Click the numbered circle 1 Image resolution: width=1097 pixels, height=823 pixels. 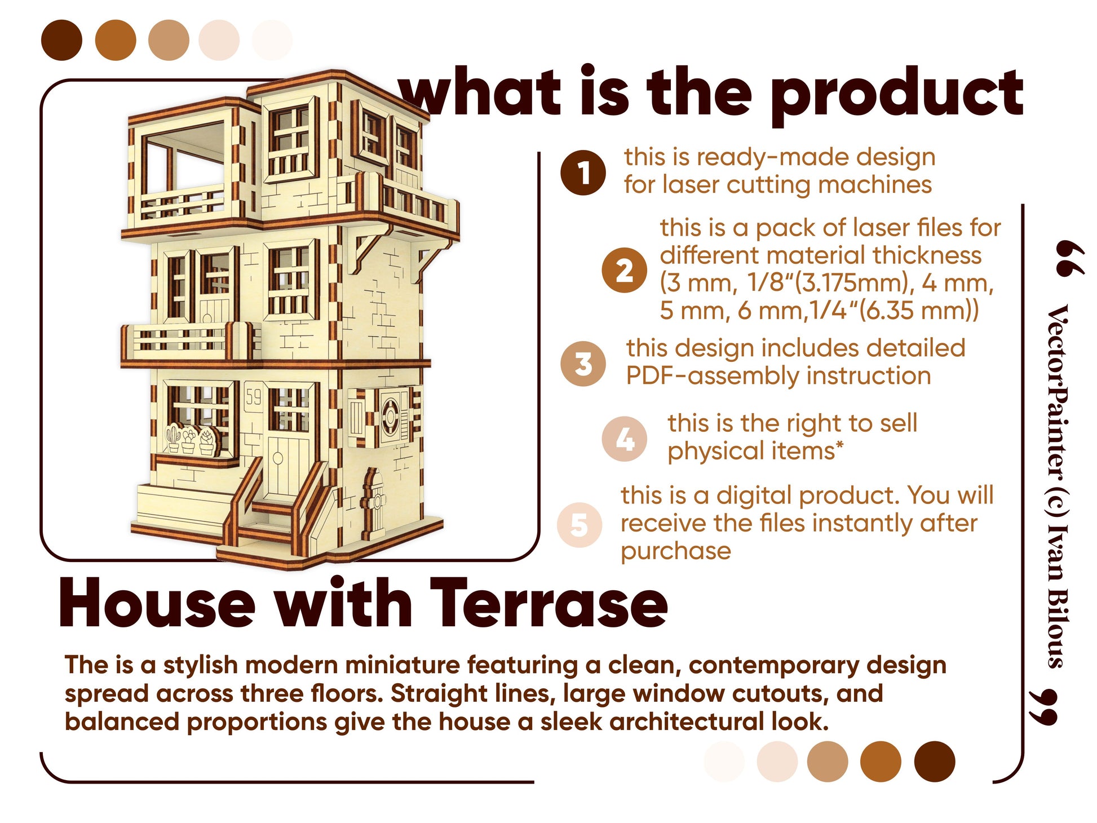click(x=583, y=172)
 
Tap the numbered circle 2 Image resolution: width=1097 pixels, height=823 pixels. click(x=623, y=270)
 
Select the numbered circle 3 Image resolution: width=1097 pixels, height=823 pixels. click(x=583, y=364)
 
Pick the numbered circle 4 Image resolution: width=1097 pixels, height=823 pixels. click(x=624, y=439)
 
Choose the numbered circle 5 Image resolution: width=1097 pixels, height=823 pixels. click(x=579, y=524)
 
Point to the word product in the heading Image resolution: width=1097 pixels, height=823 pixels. click(x=896, y=93)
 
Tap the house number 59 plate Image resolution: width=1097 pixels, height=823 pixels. click(x=254, y=397)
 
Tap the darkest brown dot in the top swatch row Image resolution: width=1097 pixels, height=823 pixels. click(x=61, y=40)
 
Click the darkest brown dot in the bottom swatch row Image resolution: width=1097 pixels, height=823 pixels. click(x=934, y=761)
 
